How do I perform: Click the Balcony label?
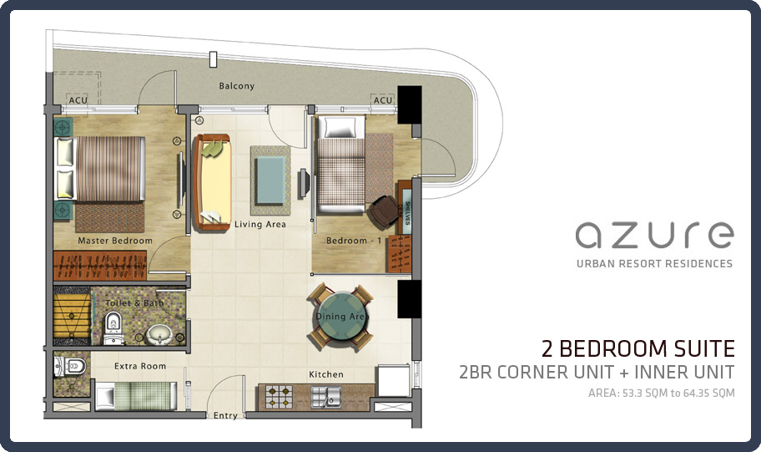pyautogui.click(x=236, y=86)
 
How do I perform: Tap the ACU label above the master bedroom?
pyautogui.click(x=77, y=101)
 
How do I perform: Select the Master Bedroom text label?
pyautogui.click(x=115, y=241)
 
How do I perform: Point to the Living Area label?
pyautogui.click(x=260, y=224)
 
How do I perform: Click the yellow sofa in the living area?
pyautogui.click(x=213, y=184)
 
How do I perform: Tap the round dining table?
pyautogui.click(x=340, y=316)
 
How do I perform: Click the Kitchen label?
pyautogui.click(x=326, y=374)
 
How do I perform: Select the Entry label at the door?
pyautogui.click(x=225, y=415)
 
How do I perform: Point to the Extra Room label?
pyautogui.click(x=140, y=366)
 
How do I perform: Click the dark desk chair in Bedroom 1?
pyautogui.click(x=383, y=211)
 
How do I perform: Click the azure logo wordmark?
pyautogui.click(x=654, y=235)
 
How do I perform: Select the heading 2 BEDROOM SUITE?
pyautogui.click(x=638, y=348)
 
